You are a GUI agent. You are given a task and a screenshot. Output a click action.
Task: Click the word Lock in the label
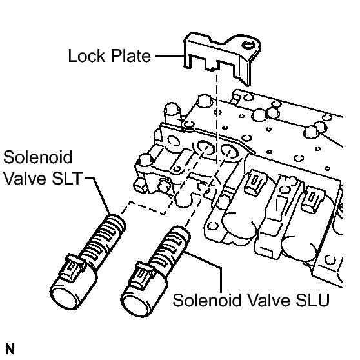click(x=87, y=55)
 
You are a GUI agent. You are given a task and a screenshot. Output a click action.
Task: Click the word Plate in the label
click(x=130, y=55)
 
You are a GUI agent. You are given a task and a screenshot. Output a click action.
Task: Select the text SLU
click(x=313, y=300)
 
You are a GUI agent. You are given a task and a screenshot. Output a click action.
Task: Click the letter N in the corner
click(x=10, y=349)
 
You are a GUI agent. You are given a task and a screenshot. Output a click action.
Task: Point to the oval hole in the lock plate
click(x=248, y=45)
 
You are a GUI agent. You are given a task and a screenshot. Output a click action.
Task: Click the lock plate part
click(x=221, y=57)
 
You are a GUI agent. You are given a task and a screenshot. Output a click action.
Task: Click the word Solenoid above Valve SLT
click(x=37, y=157)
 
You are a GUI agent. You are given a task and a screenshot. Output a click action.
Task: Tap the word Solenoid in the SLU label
click(x=206, y=300)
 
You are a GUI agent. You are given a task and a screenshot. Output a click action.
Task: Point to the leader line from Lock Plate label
click(x=170, y=55)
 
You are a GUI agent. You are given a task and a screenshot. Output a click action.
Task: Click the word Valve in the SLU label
click(x=268, y=300)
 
